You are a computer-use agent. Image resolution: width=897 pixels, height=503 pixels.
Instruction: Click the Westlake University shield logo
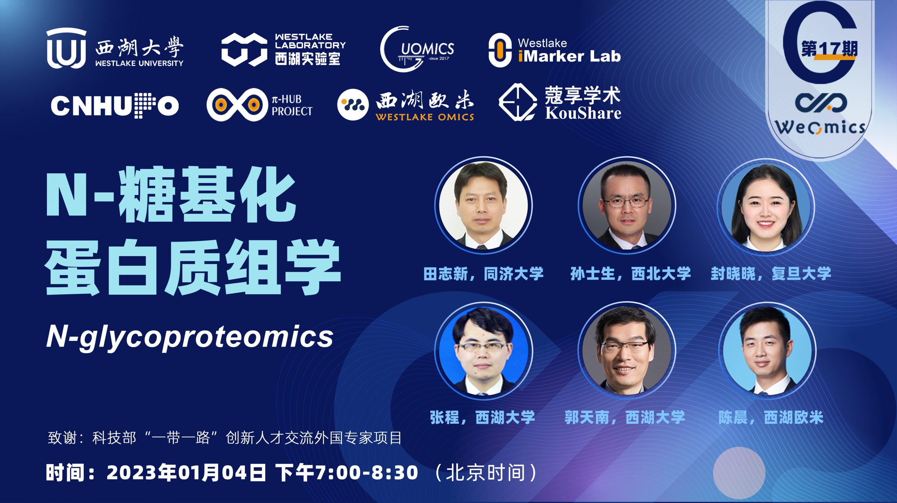(x=66, y=48)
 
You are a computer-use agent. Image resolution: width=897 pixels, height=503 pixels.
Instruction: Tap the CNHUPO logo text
(x=115, y=105)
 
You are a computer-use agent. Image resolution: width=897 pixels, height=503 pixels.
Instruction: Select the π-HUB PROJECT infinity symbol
(x=237, y=105)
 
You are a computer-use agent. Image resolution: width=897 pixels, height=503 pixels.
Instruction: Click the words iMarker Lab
(x=569, y=56)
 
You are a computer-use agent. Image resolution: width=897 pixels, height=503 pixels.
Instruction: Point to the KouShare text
(x=583, y=113)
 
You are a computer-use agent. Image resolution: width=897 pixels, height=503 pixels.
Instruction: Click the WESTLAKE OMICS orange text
(x=425, y=117)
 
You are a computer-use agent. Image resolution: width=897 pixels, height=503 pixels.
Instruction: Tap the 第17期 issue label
(x=829, y=49)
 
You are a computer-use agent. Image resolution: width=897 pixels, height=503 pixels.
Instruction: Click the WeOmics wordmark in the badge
(x=820, y=127)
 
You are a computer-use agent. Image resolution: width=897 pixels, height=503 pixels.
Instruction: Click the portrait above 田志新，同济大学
(x=483, y=205)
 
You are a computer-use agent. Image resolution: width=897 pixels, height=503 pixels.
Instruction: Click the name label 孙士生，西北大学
(x=631, y=274)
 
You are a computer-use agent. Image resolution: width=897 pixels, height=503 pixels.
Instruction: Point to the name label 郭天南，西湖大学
(x=625, y=417)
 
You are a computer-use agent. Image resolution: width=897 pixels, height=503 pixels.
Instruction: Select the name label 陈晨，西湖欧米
(x=771, y=417)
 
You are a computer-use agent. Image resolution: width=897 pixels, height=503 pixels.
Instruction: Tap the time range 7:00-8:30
(x=367, y=472)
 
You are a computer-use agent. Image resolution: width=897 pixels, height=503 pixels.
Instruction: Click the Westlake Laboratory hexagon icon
(x=244, y=49)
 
